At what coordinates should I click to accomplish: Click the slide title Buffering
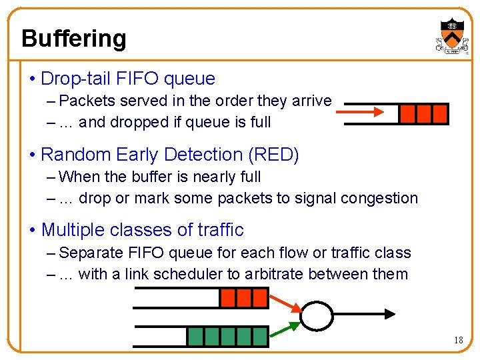point(73,38)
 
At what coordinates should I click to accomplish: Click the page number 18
point(458,340)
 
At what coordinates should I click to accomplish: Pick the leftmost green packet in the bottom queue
point(195,336)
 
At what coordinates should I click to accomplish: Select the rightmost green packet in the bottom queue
point(261,336)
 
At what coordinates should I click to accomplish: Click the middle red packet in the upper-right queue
point(423,114)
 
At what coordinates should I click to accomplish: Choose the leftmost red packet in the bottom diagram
point(229,297)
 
